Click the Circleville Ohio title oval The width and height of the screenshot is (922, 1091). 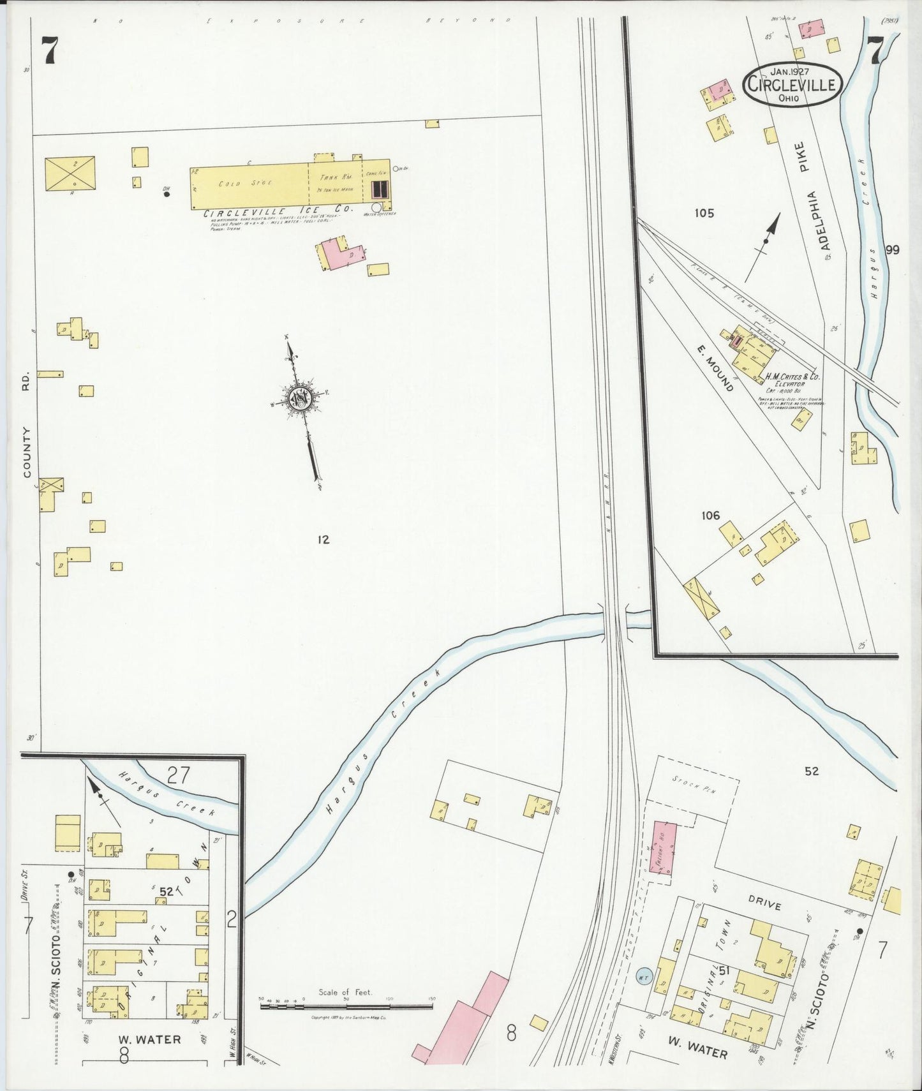(792, 84)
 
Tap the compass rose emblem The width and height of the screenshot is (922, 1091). (299, 399)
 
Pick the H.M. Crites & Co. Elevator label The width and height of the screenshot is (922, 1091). (793, 380)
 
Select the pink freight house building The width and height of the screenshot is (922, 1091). (665, 848)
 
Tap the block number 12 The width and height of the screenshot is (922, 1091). (323, 540)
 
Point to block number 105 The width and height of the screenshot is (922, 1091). (704, 213)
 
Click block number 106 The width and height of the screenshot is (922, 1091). (710, 516)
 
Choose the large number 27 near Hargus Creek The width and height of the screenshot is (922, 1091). (178, 775)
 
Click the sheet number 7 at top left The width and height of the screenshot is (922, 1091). (51, 51)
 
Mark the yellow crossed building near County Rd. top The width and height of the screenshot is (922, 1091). (70, 174)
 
